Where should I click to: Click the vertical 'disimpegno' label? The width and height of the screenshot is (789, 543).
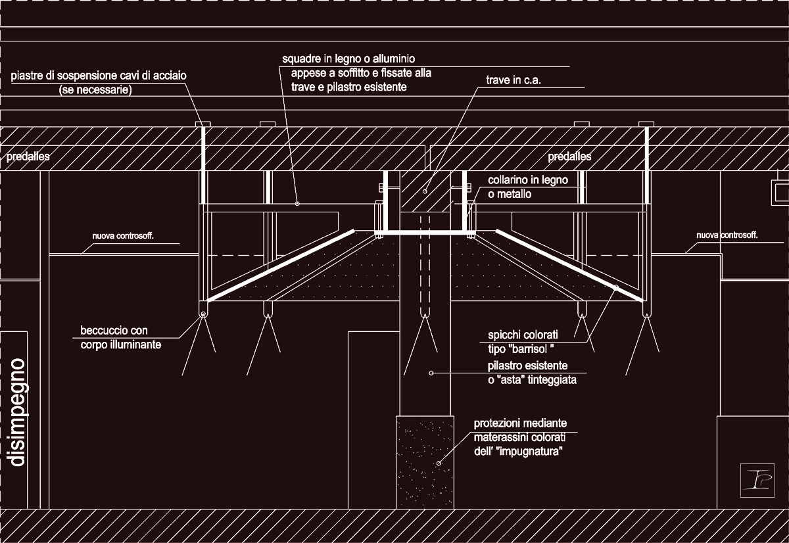18,412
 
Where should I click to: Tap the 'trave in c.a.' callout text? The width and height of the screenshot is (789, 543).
514,80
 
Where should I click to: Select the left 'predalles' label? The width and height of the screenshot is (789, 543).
28,156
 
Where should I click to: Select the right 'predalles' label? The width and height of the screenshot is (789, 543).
569,156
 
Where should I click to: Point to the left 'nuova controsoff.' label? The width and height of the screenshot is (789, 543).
123,236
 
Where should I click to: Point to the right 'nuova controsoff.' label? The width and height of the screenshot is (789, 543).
727,235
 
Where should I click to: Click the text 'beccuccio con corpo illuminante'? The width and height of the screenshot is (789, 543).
121,337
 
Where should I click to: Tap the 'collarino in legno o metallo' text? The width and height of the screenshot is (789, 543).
527,187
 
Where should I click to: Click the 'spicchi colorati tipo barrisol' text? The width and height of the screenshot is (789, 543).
523,342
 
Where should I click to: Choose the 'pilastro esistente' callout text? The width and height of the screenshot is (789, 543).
527,366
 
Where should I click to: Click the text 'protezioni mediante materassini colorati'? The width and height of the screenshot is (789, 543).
520,430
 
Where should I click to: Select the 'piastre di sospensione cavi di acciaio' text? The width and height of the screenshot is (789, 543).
99,76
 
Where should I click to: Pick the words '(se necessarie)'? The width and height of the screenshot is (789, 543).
95,90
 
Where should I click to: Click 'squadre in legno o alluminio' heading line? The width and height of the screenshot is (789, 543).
348,59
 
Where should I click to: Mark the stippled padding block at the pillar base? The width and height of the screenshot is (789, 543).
425,462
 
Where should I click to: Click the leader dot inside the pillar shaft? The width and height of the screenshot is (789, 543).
431,373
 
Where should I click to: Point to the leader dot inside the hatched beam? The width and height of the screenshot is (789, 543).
425,191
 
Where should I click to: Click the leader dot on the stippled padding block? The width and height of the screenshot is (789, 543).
439,463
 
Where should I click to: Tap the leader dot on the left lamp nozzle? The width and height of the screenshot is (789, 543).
203,314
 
